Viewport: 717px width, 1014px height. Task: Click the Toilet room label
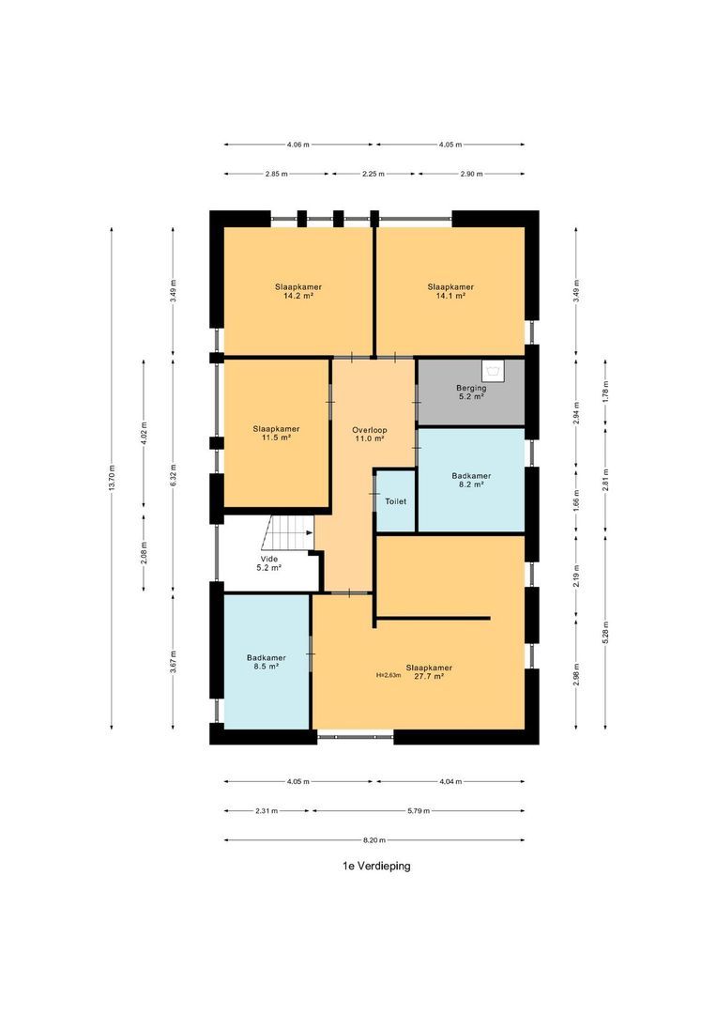pyautogui.click(x=395, y=501)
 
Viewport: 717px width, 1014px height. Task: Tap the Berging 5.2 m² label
pyautogui.click(x=471, y=392)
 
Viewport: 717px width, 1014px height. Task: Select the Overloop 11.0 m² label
pyautogui.click(x=369, y=434)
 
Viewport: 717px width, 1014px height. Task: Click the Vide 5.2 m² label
pyautogui.click(x=269, y=563)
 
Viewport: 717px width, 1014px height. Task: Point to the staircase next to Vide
pyautogui.click(x=288, y=533)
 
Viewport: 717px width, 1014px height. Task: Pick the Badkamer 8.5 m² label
pyautogui.click(x=266, y=662)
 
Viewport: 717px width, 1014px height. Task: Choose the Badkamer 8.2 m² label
pyautogui.click(x=471, y=480)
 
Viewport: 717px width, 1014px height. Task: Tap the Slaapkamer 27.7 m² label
pyautogui.click(x=429, y=672)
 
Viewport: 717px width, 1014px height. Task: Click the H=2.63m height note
pyautogui.click(x=389, y=675)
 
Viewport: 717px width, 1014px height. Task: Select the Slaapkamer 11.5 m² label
pyautogui.click(x=276, y=433)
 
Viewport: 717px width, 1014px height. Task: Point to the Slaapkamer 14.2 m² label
pyautogui.click(x=298, y=291)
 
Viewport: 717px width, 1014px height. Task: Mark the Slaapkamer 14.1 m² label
pyautogui.click(x=450, y=291)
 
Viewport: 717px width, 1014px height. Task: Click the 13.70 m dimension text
pyautogui.click(x=112, y=479)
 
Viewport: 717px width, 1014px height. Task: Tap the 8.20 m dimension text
pyautogui.click(x=374, y=840)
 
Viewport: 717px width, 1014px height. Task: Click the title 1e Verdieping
pyautogui.click(x=376, y=866)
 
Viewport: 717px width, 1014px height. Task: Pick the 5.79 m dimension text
pyautogui.click(x=419, y=811)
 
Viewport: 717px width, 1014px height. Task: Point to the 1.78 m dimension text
pyautogui.click(x=605, y=392)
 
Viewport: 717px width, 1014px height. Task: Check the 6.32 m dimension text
pyautogui.click(x=173, y=475)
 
